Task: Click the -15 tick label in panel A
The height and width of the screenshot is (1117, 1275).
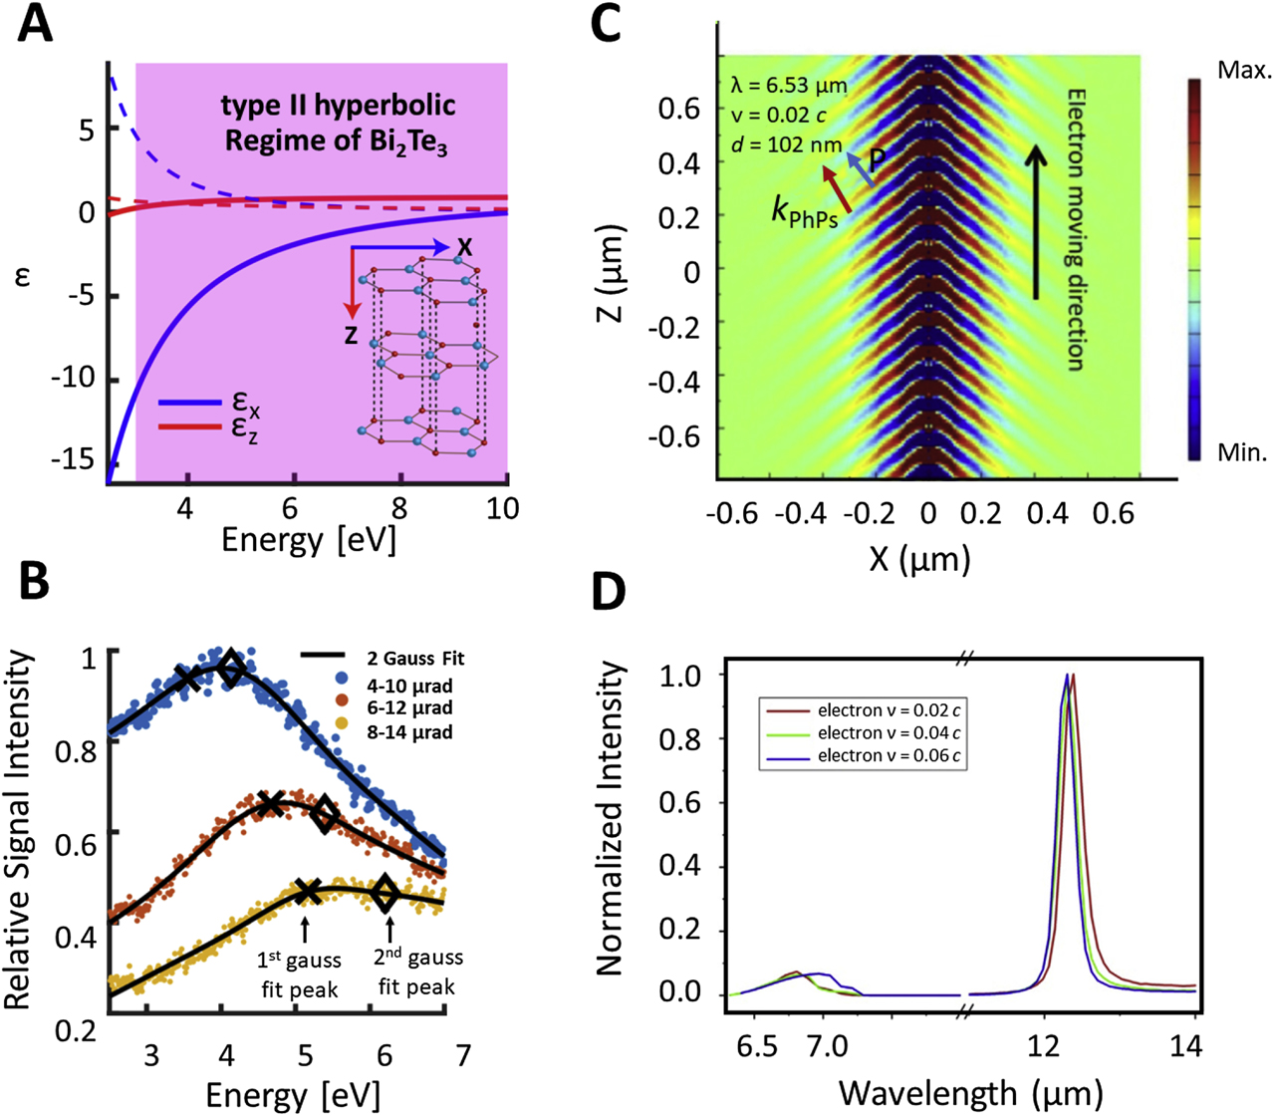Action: (x=77, y=459)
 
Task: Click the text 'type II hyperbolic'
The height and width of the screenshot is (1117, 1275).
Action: (x=338, y=107)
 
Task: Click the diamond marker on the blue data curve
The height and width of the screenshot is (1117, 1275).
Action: (x=231, y=670)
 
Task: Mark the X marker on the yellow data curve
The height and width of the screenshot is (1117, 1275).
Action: (x=309, y=892)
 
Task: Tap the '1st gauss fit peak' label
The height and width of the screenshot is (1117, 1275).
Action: (x=301, y=975)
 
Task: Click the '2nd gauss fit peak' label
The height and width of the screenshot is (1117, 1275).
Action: (x=417, y=973)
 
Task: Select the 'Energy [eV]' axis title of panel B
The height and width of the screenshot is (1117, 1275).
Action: (x=293, y=1095)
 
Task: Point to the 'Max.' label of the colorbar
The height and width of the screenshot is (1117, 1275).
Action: (x=1244, y=71)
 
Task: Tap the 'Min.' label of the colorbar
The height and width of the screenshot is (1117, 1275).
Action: (x=1242, y=453)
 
